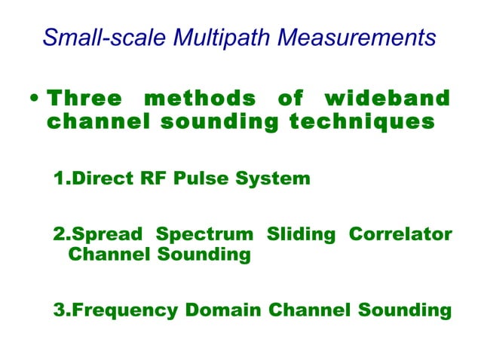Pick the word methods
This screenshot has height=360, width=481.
pos(198,99)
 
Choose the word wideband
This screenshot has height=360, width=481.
pos(386,99)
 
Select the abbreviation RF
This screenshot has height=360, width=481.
pos(146,179)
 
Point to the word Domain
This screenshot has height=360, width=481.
pos(225,310)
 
